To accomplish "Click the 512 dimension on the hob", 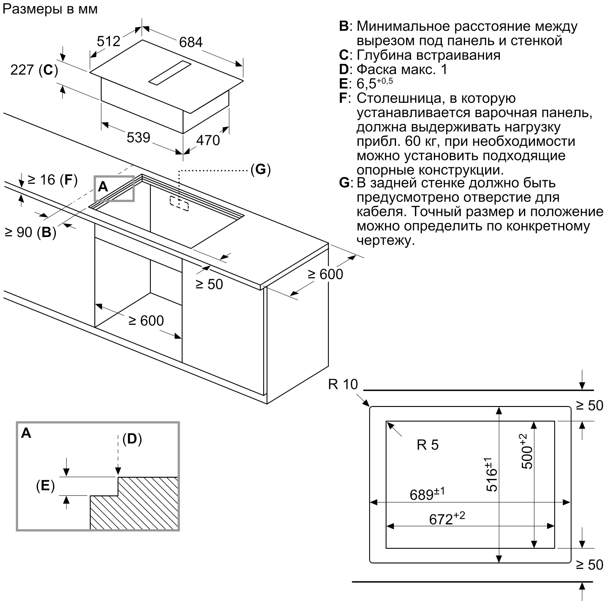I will click(108, 41).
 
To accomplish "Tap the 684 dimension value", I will click(191, 42).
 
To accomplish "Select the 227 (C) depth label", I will click(34, 70).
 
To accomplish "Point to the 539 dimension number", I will click(138, 138).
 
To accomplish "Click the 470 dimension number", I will click(208, 140).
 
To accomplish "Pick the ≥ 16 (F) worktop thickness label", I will click(53, 180).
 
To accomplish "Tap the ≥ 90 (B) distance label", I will click(31, 232).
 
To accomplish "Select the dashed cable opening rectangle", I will click(179, 203).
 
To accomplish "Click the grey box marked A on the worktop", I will click(114, 188).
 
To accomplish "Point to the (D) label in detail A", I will click(132, 439).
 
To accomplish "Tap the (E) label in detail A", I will click(45, 486).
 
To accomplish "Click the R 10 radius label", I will click(343, 384).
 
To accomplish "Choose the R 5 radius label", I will click(427, 445).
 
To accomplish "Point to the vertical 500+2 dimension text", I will click(527, 451).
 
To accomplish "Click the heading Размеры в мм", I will click(50, 9).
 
